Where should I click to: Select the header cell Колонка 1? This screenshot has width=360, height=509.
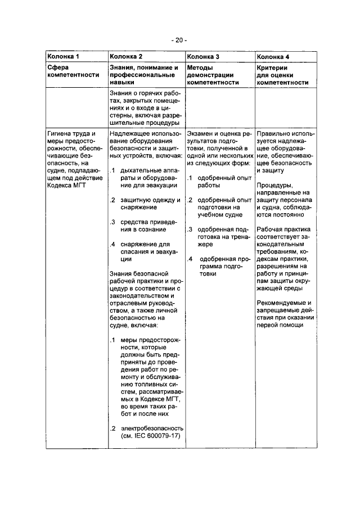[67, 57]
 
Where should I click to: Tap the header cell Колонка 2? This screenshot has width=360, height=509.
[127, 57]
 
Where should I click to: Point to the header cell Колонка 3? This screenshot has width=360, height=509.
[203, 57]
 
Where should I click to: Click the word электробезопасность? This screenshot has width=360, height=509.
[148, 427]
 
